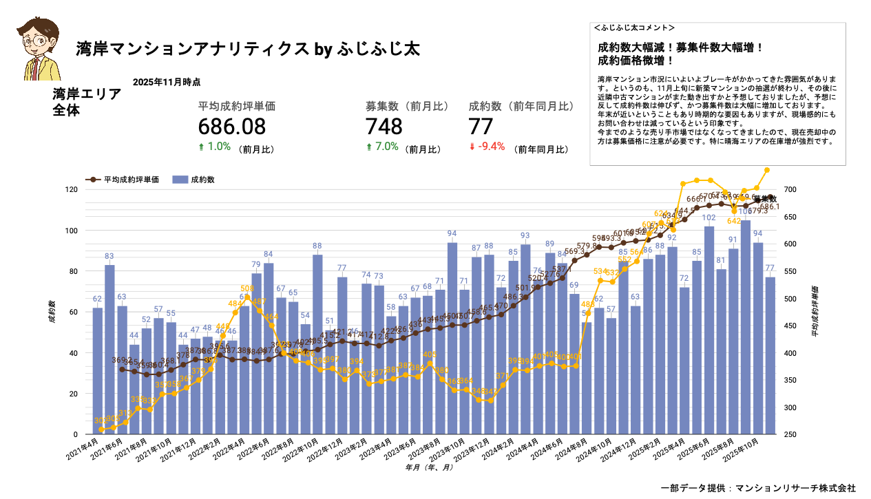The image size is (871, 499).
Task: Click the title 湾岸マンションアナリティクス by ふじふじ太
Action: click(248, 50)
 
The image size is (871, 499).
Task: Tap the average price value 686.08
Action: click(231, 127)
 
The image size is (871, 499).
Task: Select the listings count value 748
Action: click(384, 127)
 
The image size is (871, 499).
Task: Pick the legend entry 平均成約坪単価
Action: click(123, 180)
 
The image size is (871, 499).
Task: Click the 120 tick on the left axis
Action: click(71, 189)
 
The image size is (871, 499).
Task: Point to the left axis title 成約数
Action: click(52, 311)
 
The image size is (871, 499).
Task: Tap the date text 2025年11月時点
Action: click(167, 82)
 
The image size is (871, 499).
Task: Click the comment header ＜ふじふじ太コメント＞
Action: click(633, 28)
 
